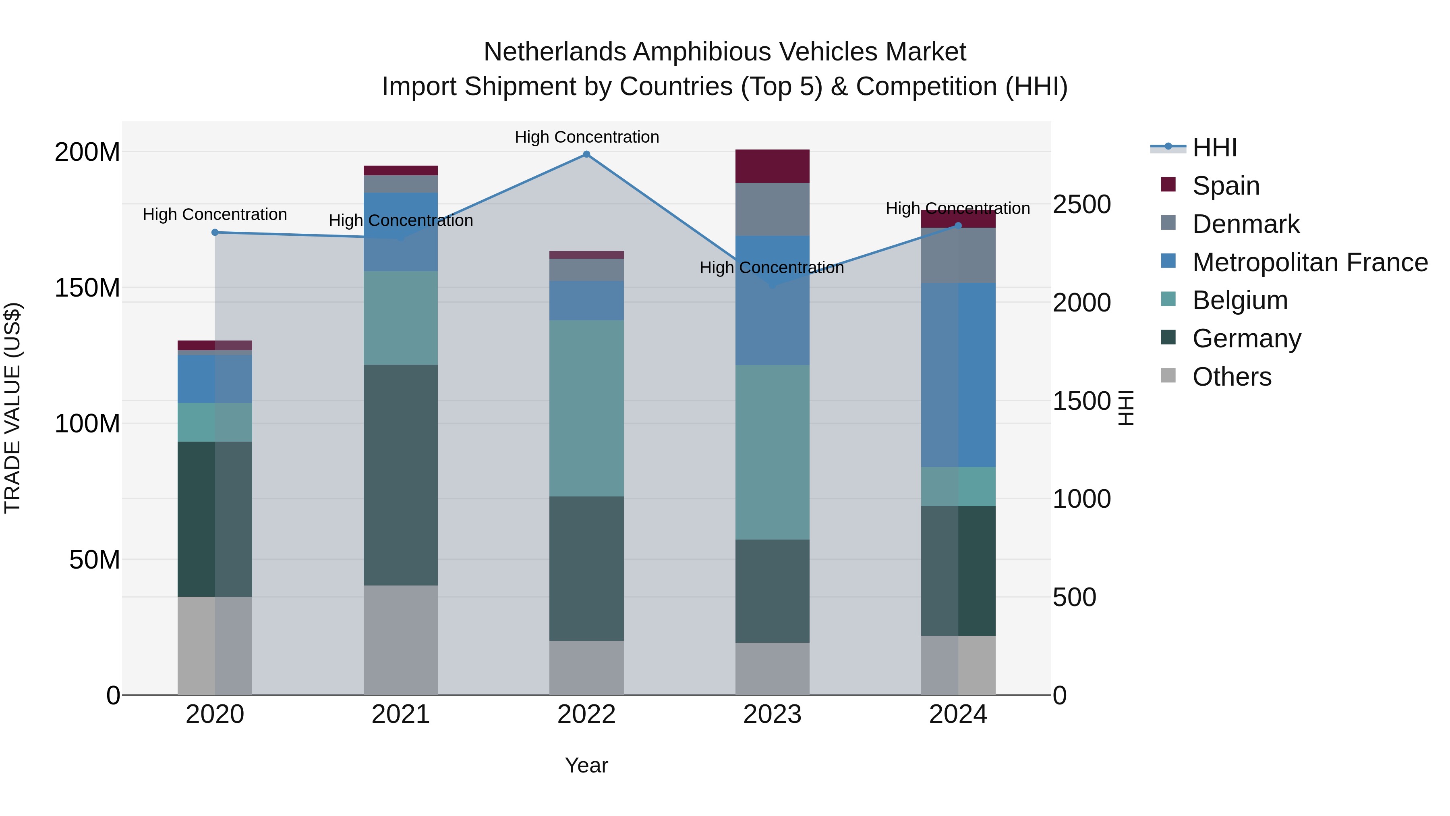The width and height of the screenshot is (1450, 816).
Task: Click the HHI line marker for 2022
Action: coord(586,154)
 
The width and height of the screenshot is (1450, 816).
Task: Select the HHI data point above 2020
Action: coord(215,233)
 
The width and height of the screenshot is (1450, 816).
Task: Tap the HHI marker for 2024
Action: coord(958,226)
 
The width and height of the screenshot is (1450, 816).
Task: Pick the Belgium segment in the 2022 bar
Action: coord(586,408)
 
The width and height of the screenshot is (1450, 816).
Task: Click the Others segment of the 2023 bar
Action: coord(772,669)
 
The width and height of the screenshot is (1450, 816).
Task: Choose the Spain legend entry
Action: coord(1225,186)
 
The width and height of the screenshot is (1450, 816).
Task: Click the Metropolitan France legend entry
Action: coord(1309,262)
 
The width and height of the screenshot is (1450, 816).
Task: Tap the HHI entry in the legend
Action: coord(1214,147)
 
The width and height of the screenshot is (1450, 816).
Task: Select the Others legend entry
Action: coord(1232,377)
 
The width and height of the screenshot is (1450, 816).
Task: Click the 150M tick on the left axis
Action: coord(87,288)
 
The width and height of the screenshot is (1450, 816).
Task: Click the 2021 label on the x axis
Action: coord(401,714)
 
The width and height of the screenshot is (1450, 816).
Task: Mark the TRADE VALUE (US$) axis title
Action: coord(12,408)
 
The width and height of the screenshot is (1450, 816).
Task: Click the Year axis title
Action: coord(586,765)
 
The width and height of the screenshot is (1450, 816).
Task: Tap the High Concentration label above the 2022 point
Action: coord(586,137)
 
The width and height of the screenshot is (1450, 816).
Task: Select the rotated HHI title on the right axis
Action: coord(1125,408)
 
